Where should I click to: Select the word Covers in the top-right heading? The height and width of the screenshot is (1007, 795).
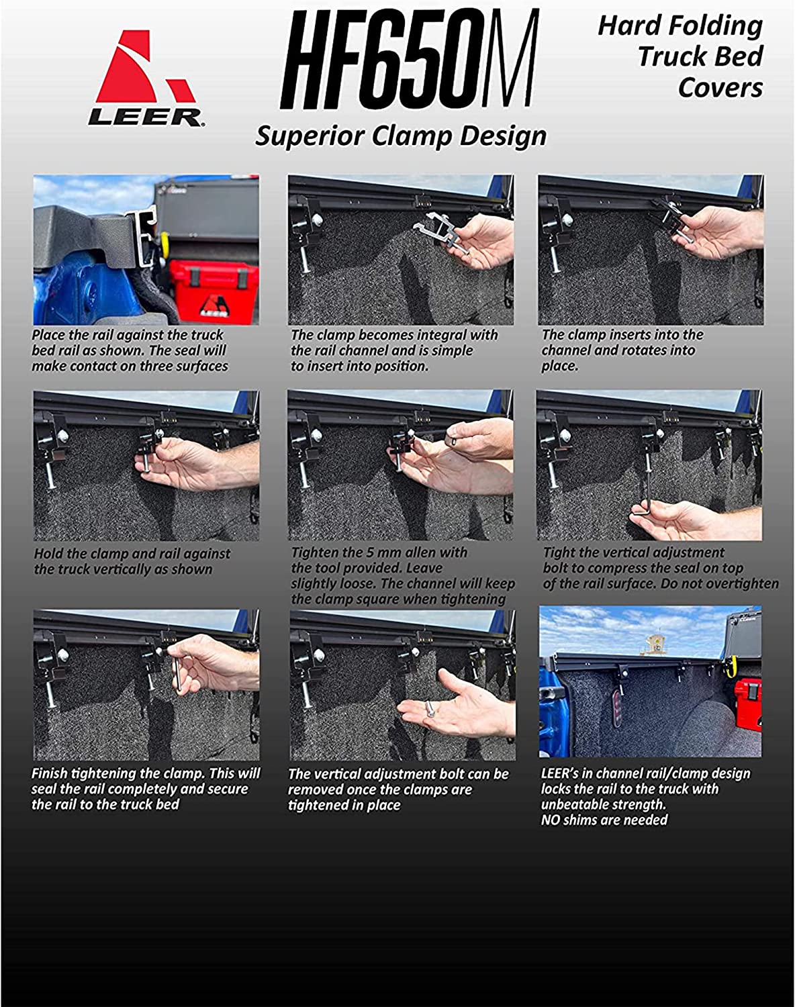720,87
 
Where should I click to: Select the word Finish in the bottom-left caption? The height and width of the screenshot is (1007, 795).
49,773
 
